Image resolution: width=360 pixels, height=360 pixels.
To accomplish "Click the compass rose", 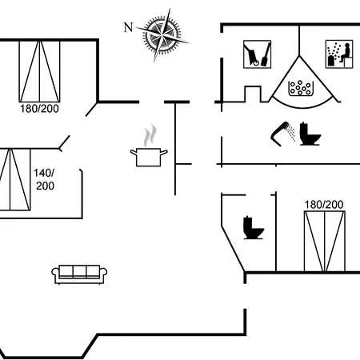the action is (x=162, y=34).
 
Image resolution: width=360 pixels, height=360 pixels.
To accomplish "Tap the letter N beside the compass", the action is (x=128, y=27).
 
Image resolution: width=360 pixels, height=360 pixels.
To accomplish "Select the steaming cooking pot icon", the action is (x=149, y=146).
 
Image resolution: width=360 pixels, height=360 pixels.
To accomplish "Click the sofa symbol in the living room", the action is (x=79, y=274).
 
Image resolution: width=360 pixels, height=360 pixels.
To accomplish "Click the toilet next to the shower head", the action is (x=310, y=134).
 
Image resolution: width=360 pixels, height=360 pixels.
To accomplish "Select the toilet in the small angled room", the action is (x=254, y=227).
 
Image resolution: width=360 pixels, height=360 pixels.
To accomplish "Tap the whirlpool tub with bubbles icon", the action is (x=301, y=88).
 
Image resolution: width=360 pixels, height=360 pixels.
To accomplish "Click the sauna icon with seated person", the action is (x=339, y=54).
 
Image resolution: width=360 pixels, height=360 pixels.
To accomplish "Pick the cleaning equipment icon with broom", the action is (x=258, y=54).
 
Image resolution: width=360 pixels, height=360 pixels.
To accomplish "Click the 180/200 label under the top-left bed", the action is (x=39, y=109).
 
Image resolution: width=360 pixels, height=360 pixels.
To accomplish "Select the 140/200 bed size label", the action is (x=44, y=179).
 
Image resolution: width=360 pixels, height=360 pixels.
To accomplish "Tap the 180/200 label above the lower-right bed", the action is (x=324, y=205).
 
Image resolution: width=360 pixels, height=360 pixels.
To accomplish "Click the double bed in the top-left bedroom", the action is (x=39, y=71).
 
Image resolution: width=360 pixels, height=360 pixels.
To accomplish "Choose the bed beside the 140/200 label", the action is (x=15, y=179).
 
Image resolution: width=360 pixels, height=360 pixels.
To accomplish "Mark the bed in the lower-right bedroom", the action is (x=325, y=242).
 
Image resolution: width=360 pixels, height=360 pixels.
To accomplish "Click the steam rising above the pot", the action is (x=150, y=135).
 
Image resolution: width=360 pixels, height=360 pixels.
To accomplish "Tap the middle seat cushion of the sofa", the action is (x=79, y=271).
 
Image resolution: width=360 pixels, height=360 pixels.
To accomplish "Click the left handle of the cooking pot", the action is (x=134, y=153).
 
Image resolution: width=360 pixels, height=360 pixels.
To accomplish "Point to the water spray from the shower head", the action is (x=291, y=133).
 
